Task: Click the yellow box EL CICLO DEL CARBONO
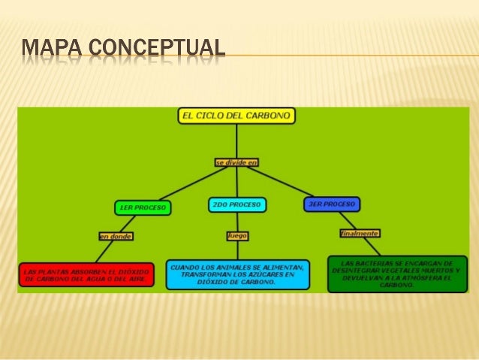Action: click(236, 116)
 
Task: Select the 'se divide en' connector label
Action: click(236, 162)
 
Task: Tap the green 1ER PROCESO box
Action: click(143, 206)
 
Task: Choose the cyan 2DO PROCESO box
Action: click(236, 204)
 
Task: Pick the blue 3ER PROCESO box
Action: click(332, 204)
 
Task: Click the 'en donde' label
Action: click(116, 237)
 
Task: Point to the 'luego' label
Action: click(237, 235)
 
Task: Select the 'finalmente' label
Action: click(359, 233)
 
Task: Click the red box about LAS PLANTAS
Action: click(86, 274)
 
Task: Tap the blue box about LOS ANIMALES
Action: click(238, 274)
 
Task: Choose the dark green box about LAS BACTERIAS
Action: click(397, 274)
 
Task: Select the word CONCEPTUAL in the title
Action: click(157, 48)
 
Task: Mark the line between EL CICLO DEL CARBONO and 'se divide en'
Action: click(236, 141)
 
